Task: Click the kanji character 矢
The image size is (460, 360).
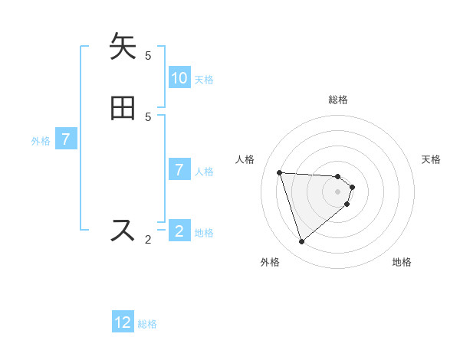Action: click(x=123, y=47)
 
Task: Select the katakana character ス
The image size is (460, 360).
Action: click(x=123, y=231)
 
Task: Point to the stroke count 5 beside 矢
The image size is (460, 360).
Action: click(x=148, y=55)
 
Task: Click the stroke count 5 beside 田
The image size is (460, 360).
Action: click(x=148, y=116)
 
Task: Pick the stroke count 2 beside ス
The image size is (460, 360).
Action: click(x=148, y=240)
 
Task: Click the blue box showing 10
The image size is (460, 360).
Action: click(x=179, y=77)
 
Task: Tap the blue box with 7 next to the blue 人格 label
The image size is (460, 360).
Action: click(x=179, y=169)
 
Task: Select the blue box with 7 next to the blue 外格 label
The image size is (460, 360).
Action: click(x=67, y=139)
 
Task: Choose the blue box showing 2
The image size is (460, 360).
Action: click(x=179, y=231)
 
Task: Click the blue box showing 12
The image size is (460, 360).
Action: click(x=123, y=322)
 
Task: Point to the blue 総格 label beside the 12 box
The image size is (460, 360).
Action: click(x=147, y=324)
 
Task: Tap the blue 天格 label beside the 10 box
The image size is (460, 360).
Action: click(x=204, y=79)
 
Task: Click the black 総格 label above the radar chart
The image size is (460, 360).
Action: click(x=338, y=100)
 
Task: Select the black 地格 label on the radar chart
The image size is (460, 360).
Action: click(x=402, y=262)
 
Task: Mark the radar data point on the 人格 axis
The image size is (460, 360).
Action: click(x=280, y=172)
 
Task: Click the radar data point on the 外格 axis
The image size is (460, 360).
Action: click(x=301, y=242)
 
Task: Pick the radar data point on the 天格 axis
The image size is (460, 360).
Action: click(x=352, y=187)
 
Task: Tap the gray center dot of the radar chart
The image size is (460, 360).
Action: click(x=337, y=202)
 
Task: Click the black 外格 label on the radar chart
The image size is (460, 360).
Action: click(x=270, y=262)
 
